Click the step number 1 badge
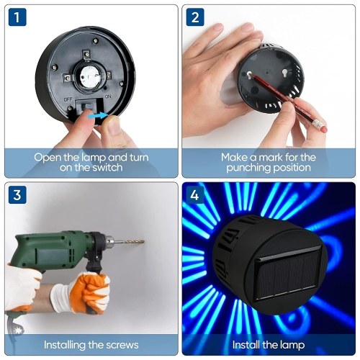tap(17, 17)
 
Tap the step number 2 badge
tap(195, 17)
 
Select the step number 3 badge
tap(17, 195)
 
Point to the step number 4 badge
tap(195, 195)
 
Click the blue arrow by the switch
tap(96, 116)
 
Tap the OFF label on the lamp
tap(68, 99)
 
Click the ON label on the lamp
tap(108, 96)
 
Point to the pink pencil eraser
tap(324, 129)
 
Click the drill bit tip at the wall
tap(143, 240)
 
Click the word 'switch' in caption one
tap(107, 167)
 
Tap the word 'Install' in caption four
tap(246, 345)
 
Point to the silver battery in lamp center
tap(89, 76)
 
